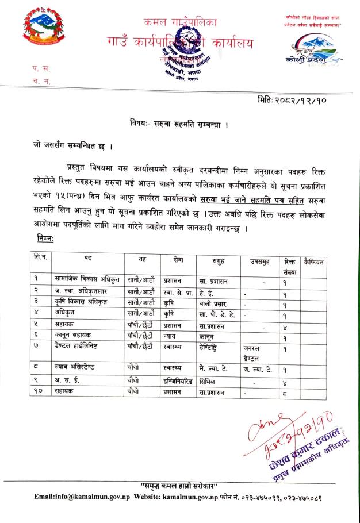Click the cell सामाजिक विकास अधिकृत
(x=87, y=282)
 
